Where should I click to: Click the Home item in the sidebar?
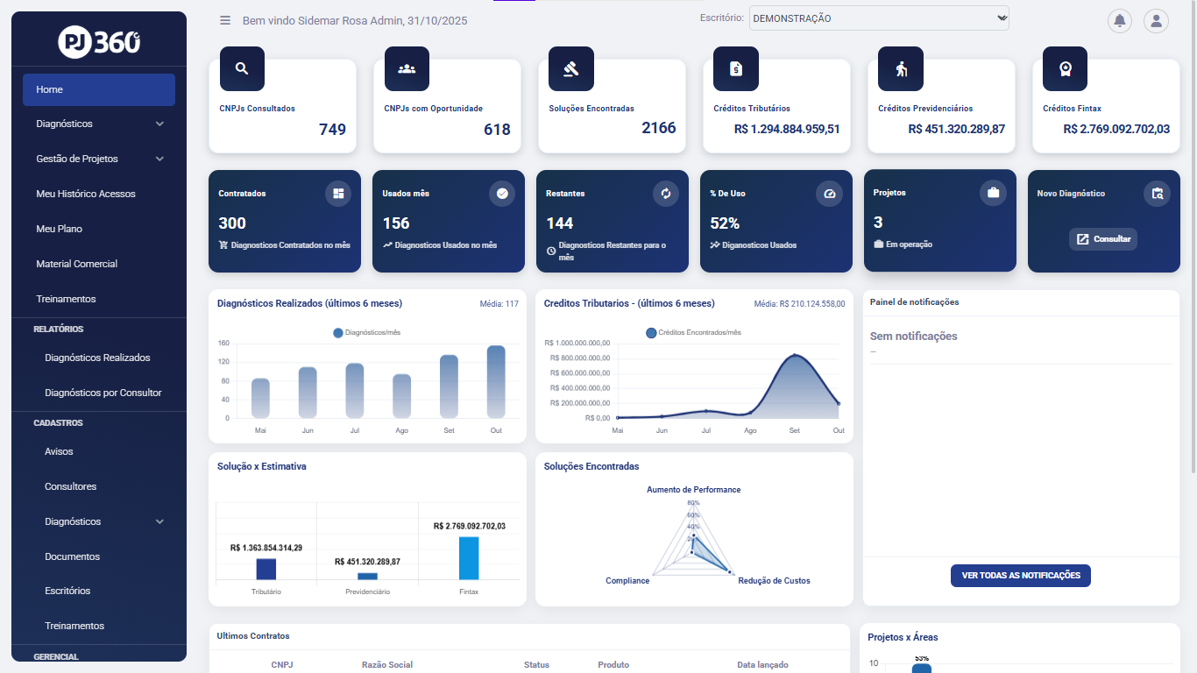click(98, 89)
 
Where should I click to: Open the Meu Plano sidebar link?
click(59, 229)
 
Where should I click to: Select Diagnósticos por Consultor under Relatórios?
click(103, 393)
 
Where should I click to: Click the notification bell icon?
click(1119, 21)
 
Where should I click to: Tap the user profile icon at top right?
click(1156, 21)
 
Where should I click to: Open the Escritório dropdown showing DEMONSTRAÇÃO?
click(878, 18)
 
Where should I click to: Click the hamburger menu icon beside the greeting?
click(225, 20)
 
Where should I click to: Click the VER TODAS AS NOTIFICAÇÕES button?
click(1020, 576)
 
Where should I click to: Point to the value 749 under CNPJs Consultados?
click(332, 130)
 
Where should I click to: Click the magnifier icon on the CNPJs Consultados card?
click(242, 69)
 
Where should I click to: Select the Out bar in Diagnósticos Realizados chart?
click(496, 381)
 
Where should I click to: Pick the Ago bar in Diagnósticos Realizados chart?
click(401, 396)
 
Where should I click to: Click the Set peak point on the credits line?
click(795, 355)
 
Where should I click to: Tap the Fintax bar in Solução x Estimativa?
click(469, 557)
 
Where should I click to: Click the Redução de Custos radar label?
click(774, 581)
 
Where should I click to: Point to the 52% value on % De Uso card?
click(725, 223)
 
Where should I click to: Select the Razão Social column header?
click(386, 665)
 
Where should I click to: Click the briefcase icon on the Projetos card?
click(993, 193)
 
